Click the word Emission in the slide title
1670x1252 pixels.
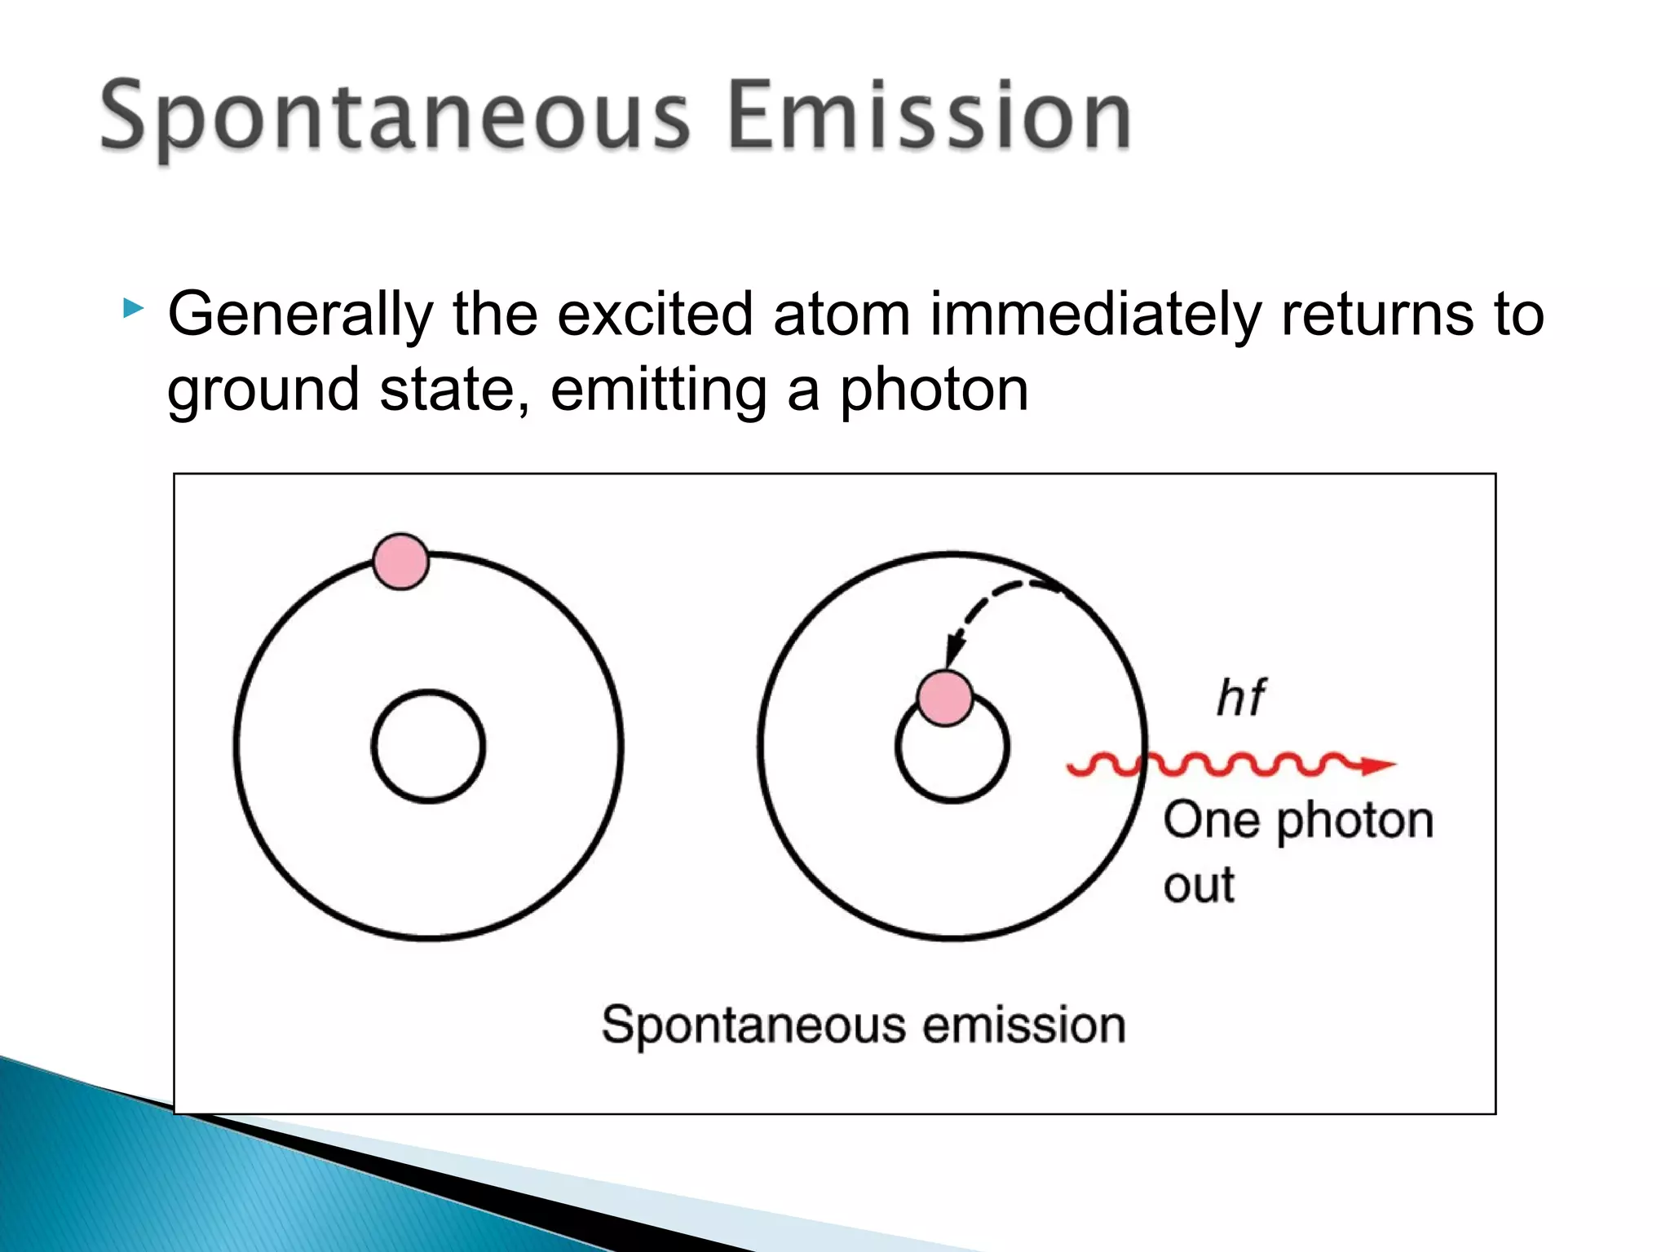point(929,117)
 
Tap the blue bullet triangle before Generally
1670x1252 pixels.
point(132,308)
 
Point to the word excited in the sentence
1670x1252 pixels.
point(655,314)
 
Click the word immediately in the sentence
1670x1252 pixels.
point(1095,315)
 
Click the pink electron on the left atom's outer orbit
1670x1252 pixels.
point(400,562)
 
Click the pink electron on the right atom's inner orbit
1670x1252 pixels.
point(945,699)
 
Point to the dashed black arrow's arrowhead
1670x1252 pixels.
point(953,652)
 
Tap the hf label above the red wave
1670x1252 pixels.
point(1240,699)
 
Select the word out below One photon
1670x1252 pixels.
point(1199,886)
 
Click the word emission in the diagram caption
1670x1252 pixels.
point(1023,1025)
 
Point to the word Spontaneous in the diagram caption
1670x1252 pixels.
point(753,1026)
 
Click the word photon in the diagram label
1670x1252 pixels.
point(1354,822)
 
